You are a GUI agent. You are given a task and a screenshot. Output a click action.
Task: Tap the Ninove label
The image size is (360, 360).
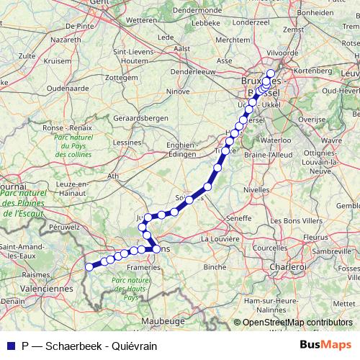177,91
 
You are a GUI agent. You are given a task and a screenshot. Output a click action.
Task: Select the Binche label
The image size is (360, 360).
215,266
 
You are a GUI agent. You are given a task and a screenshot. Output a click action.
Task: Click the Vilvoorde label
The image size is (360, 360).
282,53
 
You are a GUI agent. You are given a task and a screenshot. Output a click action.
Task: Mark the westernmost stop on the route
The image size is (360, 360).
89,266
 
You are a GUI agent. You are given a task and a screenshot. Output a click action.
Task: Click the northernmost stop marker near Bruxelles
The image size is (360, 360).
271,73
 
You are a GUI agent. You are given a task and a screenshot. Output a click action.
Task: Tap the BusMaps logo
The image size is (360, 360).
325,345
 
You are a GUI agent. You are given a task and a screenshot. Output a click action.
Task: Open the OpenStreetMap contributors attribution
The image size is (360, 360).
299,323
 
